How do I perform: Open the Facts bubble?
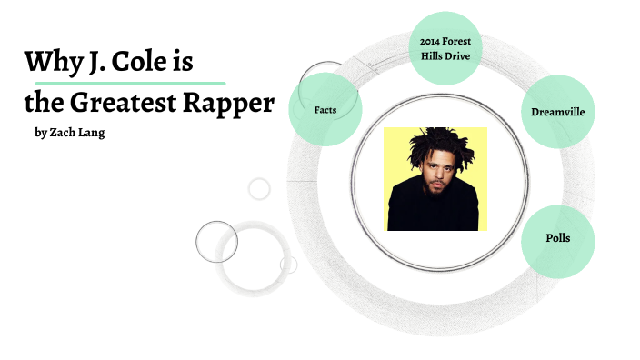point(325,109)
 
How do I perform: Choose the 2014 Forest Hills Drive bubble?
point(445,47)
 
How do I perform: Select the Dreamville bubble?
point(558,112)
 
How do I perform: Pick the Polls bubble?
point(557,239)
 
